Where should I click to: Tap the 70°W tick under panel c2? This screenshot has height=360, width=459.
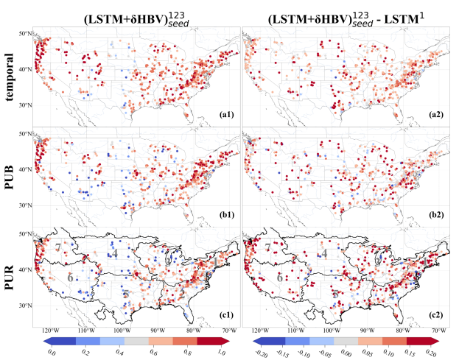coord(439,332)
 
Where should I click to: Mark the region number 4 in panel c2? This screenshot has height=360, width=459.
coord(325,253)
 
